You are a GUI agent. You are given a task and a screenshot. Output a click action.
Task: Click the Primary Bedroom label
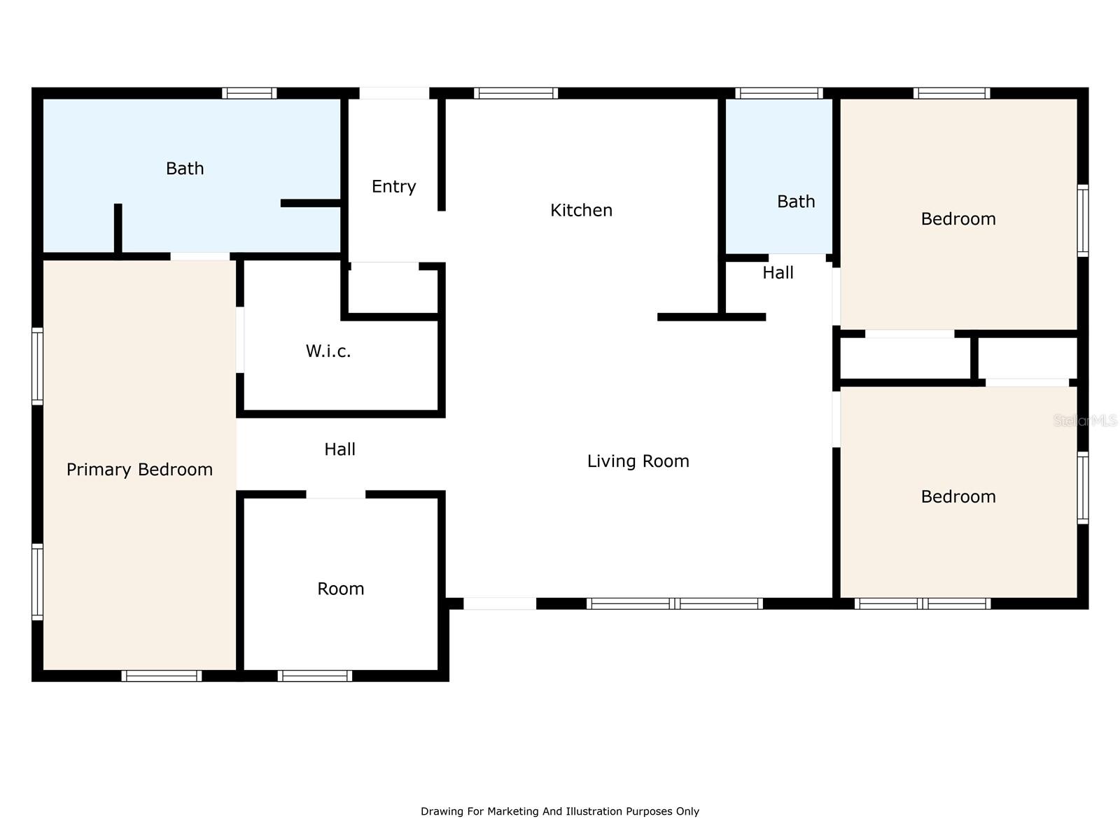139,470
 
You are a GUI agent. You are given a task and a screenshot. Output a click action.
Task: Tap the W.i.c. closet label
328,351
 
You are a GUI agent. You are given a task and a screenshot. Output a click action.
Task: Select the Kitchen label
581,210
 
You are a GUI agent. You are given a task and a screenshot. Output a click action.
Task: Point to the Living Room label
638,461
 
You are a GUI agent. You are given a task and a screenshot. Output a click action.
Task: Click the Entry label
393,186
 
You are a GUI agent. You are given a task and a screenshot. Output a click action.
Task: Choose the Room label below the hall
340,589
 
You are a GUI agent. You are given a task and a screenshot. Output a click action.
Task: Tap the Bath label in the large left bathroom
185,169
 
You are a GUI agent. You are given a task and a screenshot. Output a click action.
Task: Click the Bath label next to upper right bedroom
796,202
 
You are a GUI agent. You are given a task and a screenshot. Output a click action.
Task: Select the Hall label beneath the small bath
778,273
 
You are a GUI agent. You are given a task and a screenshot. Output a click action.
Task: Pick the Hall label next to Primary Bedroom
339,449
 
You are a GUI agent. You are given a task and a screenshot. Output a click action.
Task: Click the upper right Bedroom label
958,219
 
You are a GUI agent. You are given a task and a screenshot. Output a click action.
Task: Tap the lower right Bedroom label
958,497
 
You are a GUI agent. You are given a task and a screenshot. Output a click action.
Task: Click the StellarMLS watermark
1085,421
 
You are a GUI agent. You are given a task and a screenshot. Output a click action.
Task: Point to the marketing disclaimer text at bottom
559,811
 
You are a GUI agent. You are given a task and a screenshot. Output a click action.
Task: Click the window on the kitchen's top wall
516,93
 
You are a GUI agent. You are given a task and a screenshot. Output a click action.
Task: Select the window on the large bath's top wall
249,93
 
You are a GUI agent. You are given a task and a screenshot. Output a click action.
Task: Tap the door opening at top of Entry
394,93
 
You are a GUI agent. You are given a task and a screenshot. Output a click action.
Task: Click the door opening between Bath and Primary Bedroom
200,256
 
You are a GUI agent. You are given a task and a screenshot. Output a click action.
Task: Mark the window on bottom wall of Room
314,675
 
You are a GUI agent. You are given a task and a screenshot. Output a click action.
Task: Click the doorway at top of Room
335,494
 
